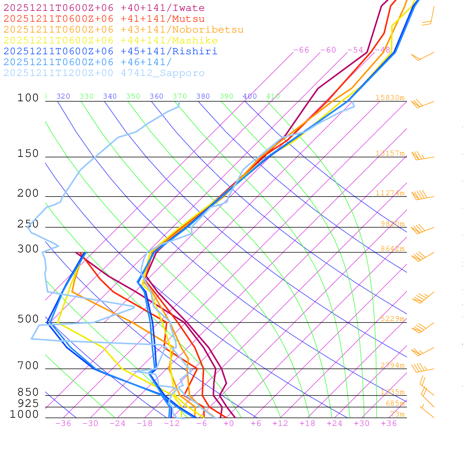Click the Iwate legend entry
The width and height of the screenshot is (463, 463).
(104, 8)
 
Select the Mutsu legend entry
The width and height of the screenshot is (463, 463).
(104, 19)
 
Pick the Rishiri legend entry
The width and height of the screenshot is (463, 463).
(110, 52)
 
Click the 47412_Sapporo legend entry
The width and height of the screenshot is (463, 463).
(104, 73)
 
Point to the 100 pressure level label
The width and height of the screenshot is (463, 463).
(28, 98)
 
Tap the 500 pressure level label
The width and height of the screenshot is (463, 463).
(28, 319)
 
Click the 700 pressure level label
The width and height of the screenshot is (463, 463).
(28, 365)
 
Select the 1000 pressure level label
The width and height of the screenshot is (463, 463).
(24, 414)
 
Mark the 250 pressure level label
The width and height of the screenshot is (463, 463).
(28, 224)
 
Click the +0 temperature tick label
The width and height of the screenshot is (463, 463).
(229, 423)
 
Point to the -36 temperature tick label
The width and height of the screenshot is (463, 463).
(63, 423)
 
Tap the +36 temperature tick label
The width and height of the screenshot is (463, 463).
(389, 423)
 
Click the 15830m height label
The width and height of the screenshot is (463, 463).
(390, 98)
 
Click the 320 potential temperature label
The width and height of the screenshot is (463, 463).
(63, 96)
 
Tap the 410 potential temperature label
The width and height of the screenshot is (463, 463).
(273, 96)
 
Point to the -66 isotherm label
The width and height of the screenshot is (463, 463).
(301, 50)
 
